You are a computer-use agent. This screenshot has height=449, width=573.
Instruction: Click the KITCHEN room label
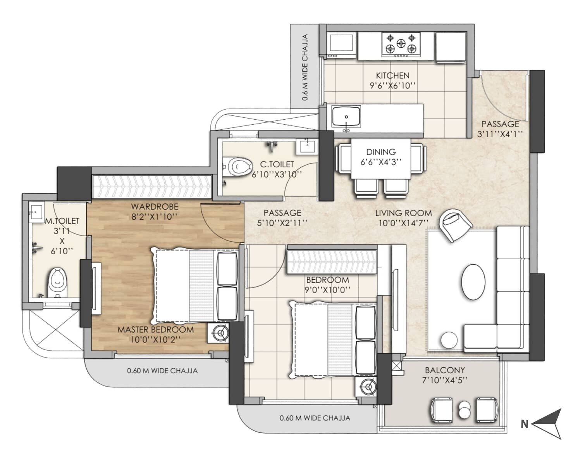(392, 76)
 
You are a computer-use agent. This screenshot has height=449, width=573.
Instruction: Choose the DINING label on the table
(381, 152)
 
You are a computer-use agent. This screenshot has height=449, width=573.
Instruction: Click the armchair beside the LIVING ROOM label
(456, 224)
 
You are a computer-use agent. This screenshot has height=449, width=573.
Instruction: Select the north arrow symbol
(547, 424)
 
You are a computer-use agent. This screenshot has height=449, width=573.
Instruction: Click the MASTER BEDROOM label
(155, 330)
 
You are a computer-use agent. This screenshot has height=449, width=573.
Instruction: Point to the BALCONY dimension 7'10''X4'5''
(444, 380)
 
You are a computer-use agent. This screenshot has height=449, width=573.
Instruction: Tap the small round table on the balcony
(464, 410)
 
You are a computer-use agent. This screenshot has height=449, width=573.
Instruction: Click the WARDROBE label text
(154, 206)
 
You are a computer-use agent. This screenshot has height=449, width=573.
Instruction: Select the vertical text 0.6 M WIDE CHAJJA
(305, 68)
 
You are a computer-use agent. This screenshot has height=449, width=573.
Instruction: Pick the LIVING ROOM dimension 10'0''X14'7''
(403, 223)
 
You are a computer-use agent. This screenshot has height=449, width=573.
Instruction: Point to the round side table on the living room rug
(449, 340)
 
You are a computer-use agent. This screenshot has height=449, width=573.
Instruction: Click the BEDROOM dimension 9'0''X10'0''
(328, 290)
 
